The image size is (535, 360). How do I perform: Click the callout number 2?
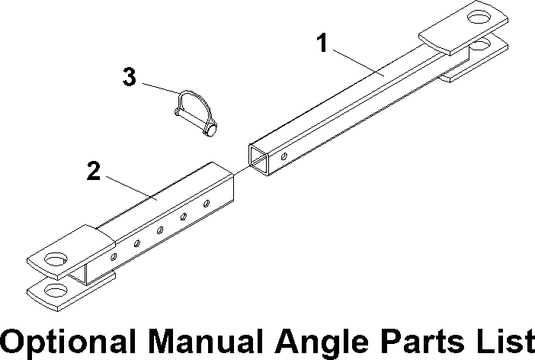pos(93,171)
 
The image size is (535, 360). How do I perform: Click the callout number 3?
pos(130,77)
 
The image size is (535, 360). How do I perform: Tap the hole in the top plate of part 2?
pos(55,259)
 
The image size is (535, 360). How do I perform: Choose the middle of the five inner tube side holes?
pos(160,230)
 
